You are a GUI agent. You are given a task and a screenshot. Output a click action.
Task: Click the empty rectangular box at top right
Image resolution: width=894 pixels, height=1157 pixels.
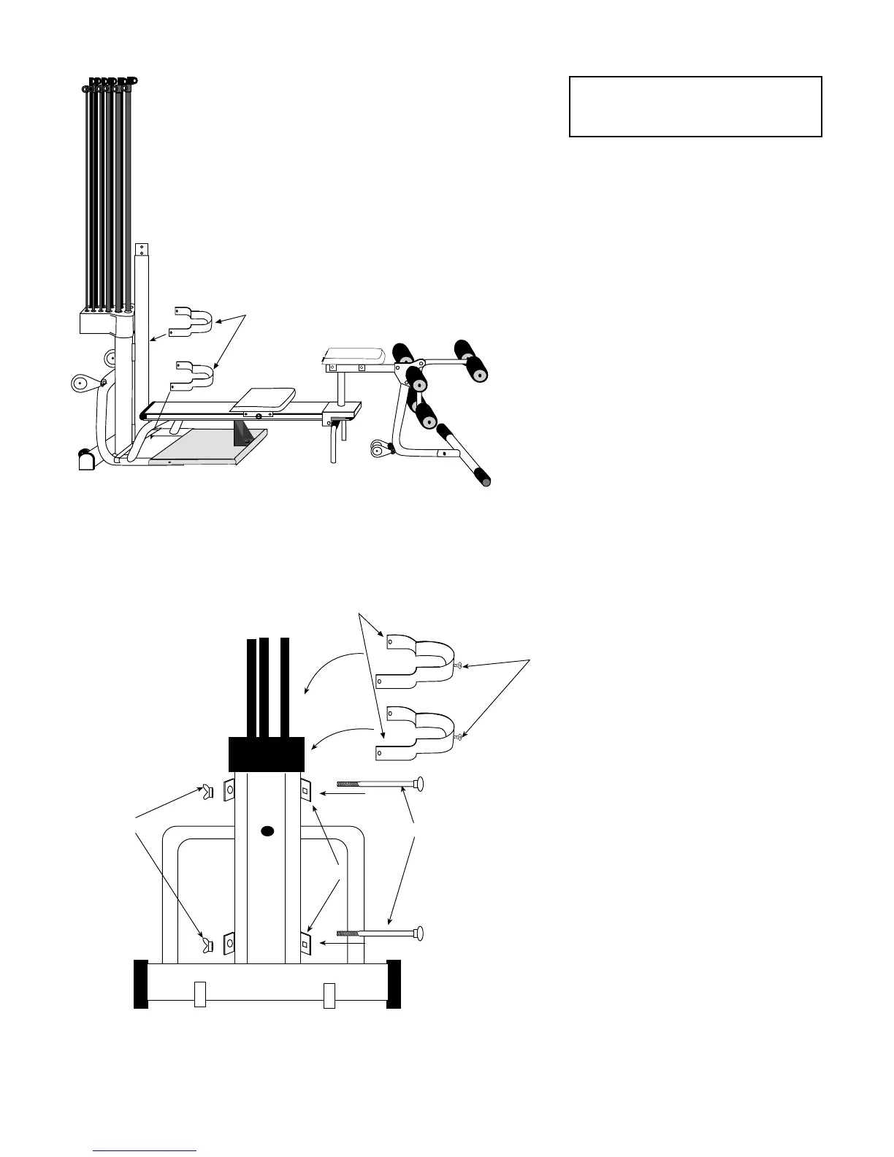(x=695, y=107)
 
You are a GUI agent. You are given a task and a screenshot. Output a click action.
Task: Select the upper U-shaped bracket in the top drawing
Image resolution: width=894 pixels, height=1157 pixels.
(x=194, y=321)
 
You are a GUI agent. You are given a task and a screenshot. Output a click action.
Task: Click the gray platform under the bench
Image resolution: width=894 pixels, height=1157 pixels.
(x=208, y=446)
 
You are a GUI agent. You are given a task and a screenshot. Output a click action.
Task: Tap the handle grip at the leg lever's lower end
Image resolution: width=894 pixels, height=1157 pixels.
(x=483, y=478)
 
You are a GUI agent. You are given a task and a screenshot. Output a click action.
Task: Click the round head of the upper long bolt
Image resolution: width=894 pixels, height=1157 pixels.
(x=418, y=785)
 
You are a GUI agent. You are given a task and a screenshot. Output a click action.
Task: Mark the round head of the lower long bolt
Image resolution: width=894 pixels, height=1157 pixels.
(x=418, y=933)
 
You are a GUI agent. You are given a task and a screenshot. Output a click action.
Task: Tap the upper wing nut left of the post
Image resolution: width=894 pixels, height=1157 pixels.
(x=208, y=790)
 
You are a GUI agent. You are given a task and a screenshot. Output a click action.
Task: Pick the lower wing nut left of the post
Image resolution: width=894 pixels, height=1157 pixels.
(x=208, y=945)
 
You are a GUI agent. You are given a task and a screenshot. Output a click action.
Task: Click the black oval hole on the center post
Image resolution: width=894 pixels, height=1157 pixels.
(x=267, y=831)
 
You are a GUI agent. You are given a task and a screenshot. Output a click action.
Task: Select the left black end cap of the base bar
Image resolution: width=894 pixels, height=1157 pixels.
(x=141, y=984)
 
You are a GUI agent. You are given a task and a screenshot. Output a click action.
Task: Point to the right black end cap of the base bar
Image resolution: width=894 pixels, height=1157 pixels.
(x=394, y=984)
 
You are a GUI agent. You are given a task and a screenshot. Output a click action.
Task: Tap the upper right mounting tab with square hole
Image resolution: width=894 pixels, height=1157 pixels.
(x=305, y=790)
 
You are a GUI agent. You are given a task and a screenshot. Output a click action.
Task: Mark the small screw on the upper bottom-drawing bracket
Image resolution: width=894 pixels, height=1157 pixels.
(x=457, y=665)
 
